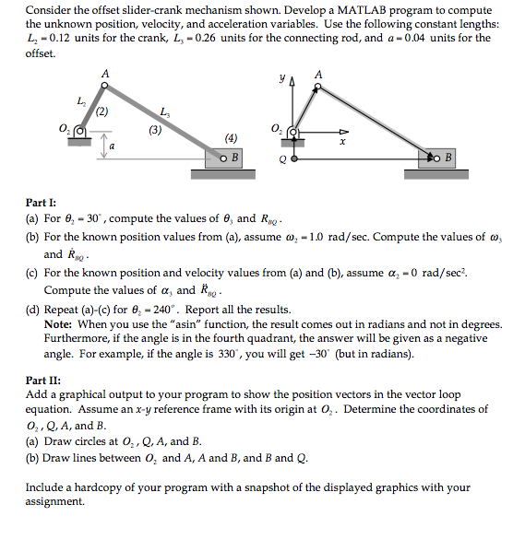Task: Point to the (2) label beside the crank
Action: coord(101,112)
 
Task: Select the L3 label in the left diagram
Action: coord(163,112)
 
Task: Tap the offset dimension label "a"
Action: coord(112,146)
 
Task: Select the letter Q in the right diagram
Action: coord(283,158)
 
